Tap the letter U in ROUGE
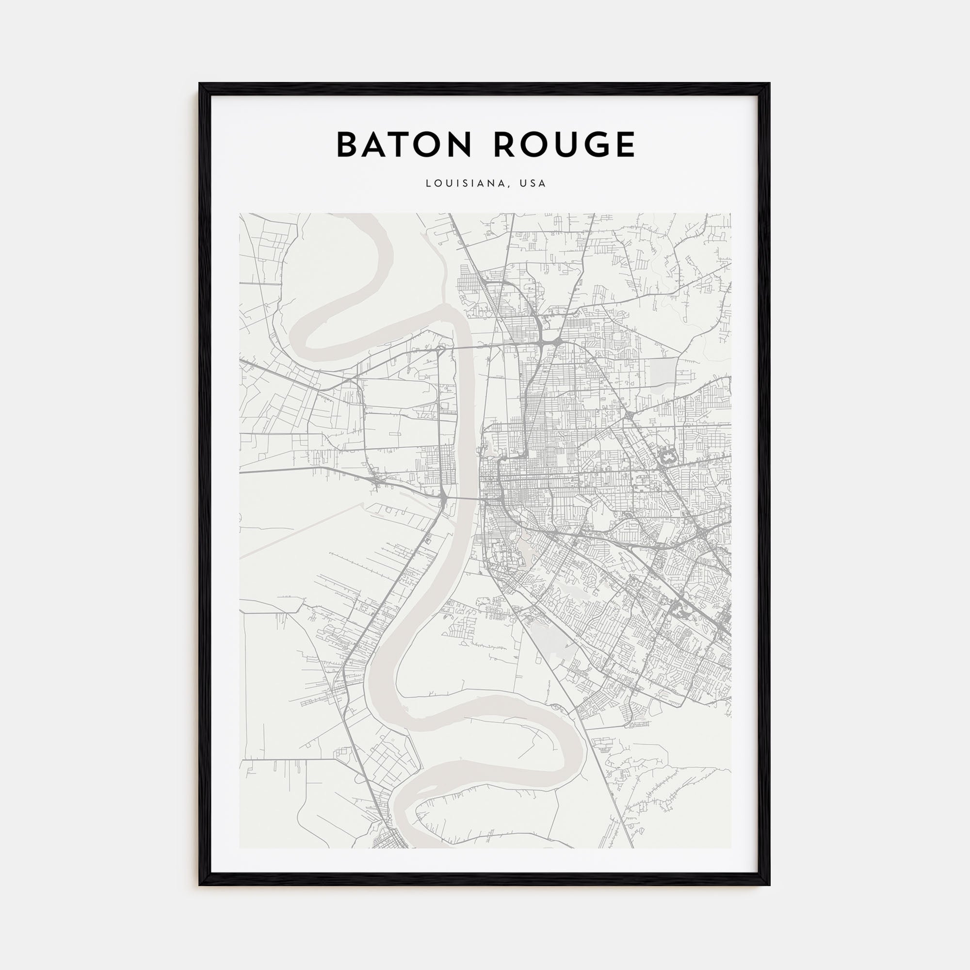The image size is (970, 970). pyautogui.click(x=561, y=145)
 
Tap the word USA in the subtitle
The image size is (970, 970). pyautogui.click(x=533, y=183)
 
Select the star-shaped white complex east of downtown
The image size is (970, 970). pyautogui.click(x=667, y=457)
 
